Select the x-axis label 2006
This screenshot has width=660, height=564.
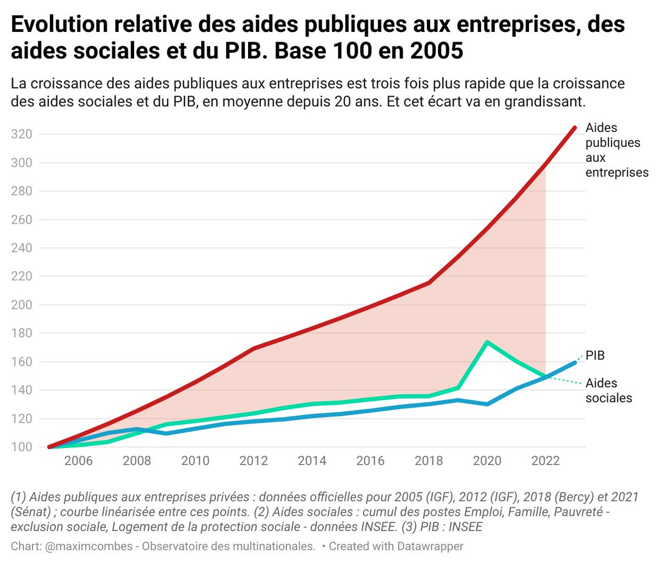pos(79,461)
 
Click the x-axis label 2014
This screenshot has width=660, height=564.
pos(312,461)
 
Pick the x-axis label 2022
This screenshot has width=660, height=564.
pos(545,461)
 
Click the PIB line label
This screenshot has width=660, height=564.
pos(595,356)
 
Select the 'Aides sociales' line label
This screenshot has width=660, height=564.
pos(608,390)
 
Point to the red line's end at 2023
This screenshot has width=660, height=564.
pos(575,128)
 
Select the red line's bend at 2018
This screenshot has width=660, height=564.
pos(429,283)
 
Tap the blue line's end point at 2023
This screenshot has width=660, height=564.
pos(575,362)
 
